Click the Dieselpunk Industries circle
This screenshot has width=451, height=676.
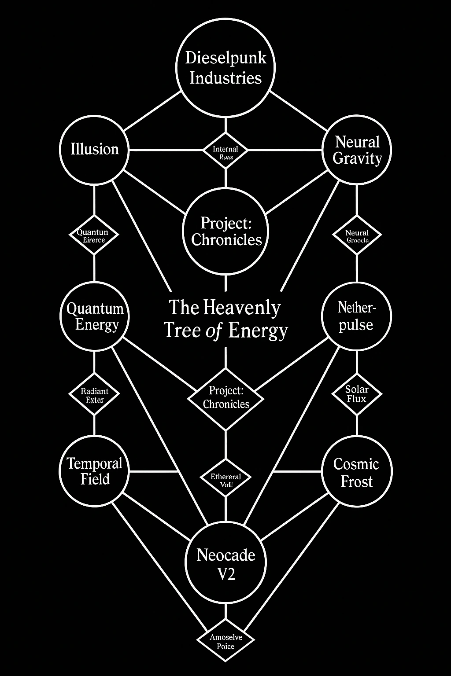click(225, 68)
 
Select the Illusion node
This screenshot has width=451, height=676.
click(95, 149)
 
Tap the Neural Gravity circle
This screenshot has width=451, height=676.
click(357, 150)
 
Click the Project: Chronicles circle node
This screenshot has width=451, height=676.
click(226, 231)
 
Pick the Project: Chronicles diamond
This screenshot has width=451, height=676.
click(226, 398)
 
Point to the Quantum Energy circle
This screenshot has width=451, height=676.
click(95, 316)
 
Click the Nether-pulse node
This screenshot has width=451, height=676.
click(357, 316)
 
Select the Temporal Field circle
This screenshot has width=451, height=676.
click(95, 471)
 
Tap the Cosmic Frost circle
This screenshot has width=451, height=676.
click(357, 472)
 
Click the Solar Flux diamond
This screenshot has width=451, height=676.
click(357, 394)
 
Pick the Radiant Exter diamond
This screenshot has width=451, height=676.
click(94, 394)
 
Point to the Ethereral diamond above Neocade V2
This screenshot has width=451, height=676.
click(226, 477)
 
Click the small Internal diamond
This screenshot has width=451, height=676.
click(225, 151)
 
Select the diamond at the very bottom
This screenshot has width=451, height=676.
click(225, 641)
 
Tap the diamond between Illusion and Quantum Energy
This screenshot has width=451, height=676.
click(94, 235)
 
